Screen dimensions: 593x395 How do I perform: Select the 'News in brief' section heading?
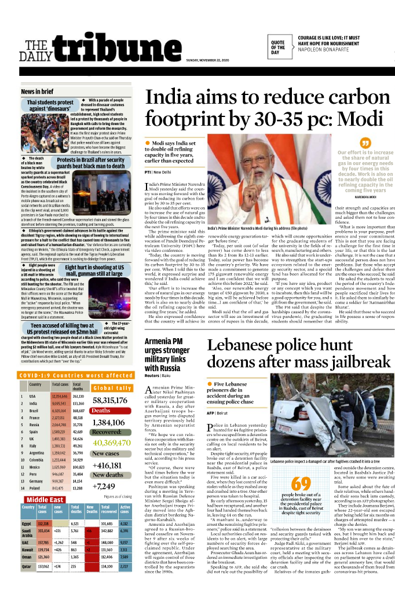(37, 91)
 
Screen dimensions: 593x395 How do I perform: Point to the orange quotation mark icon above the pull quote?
(365, 142)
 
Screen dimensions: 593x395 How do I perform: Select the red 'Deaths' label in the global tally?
(101, 411)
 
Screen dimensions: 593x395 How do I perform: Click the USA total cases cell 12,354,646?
(60, 396)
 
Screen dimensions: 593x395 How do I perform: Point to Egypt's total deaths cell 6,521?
(75, 524)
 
